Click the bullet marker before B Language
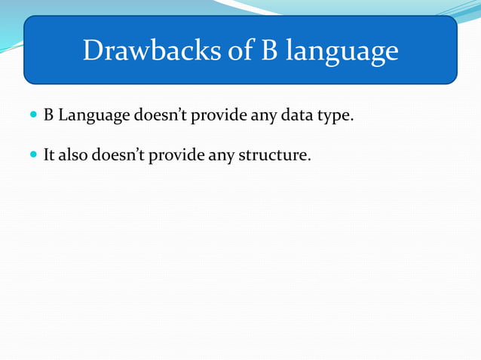[32, 116]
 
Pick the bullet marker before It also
[32, 156]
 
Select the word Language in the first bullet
[93, 117]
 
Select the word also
[72, 156]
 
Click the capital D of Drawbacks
[91, 50]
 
